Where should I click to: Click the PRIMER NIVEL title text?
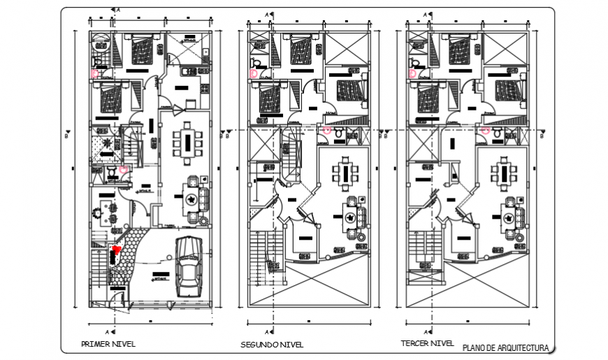(x=108, y=344)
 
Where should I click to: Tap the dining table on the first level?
(x=187, y=142)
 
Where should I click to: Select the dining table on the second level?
(x=346, y=174)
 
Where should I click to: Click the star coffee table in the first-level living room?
(x=190, y=199)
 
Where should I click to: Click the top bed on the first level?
(x=140, y=51)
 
